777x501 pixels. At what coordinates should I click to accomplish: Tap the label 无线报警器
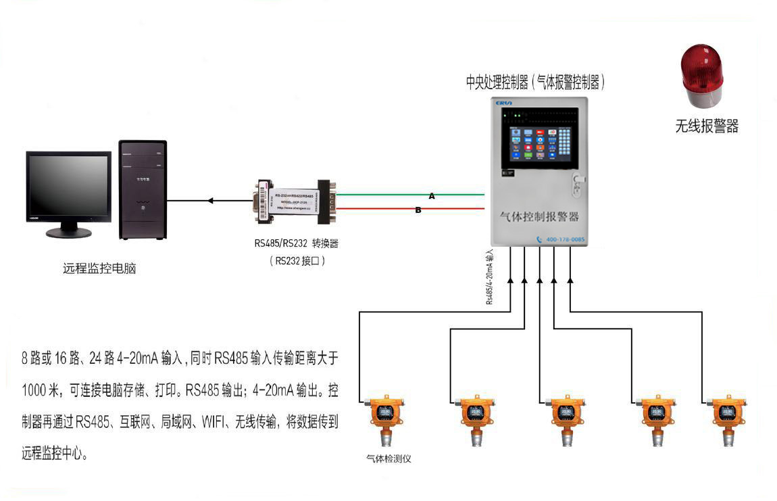coord(707,126)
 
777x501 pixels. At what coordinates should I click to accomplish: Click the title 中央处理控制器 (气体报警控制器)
coord(535,82)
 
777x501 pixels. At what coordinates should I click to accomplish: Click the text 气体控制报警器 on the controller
coord(538,216)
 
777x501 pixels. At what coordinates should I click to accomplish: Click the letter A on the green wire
coord(432,196)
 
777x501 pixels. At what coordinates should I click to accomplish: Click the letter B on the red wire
coord(418,210)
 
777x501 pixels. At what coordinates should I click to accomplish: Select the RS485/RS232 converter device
coord(295,200)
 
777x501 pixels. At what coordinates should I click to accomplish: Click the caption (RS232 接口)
coord(297,260)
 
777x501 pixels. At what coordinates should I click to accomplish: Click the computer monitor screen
coord(68,185)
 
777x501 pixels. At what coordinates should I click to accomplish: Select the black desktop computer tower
coord(142,190)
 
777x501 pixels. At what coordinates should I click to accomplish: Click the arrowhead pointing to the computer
coord(211,200)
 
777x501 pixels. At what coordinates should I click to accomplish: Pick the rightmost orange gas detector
coord(728,419)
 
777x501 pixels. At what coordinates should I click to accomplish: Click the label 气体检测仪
coord(388,458)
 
